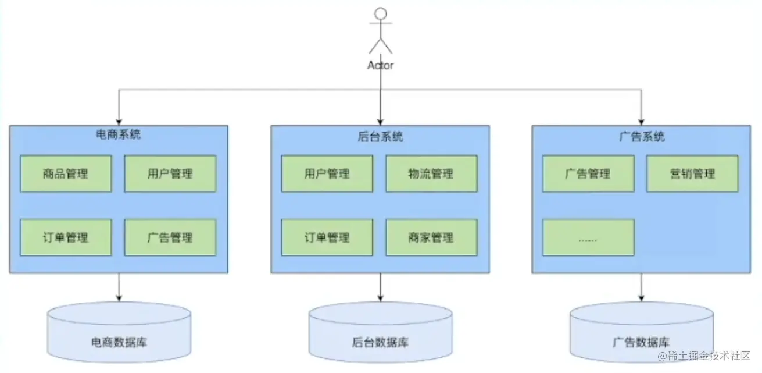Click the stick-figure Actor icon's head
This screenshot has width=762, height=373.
(x=380, y=13)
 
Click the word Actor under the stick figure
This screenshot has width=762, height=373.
(x=380, y=65)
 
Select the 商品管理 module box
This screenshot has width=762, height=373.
(x=66, y=173)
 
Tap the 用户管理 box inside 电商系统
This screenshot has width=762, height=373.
(x=170, y=173)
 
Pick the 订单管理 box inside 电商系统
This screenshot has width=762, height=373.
(x=66, y=237)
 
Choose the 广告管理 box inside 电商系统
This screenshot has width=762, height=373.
(x=170, y=237)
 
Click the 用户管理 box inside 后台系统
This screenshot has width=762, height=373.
(x=327, y=173)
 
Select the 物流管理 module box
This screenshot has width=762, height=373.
(x=431, y=173)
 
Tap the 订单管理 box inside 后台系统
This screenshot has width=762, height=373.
(x=327, y=237)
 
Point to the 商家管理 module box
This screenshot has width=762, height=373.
(x=431, y=237)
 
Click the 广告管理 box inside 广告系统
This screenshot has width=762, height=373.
(x=588, y=173)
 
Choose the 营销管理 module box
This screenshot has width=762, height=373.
(x=692, y=173)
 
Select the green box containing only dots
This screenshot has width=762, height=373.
(x=588, y=237)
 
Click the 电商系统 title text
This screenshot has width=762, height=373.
(x=118, y=135)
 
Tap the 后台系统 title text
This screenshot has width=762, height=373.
(x=380, y=137)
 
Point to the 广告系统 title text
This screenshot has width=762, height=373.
(x=642, y=137)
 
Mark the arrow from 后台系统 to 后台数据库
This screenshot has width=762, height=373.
(x=380, y=287)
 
